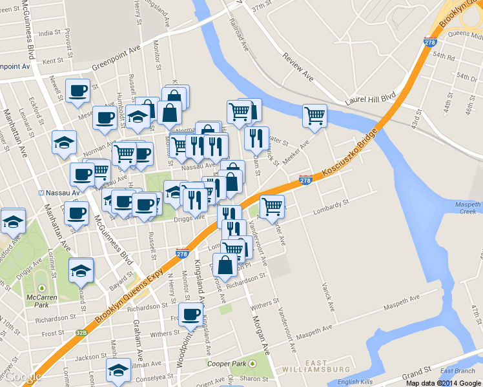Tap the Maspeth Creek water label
click(x=468, y=208)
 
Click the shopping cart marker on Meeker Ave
click(x=314, y=115)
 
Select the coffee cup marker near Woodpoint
click(x=190, y=314)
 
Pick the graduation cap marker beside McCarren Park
click(x=81, y=270)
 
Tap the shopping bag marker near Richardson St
click(x=225, y=264)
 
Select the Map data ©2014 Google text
click(x=444, y=383)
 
